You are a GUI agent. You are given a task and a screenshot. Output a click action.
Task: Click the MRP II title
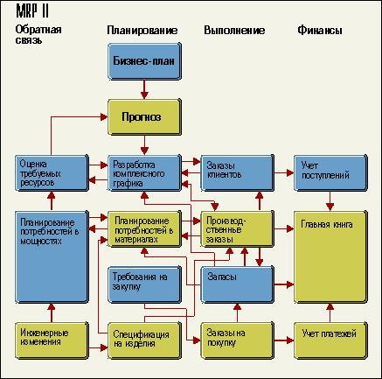coord(32,11)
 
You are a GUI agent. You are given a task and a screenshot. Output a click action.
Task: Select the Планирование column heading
coord(142,31)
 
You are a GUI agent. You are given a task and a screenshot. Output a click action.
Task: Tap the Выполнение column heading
coord(234,31)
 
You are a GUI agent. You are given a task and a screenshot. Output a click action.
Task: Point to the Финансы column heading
coord(320,31)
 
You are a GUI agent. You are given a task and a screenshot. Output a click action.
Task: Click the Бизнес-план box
coord(144,61)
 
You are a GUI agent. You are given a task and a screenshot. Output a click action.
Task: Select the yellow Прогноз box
coord(144,117)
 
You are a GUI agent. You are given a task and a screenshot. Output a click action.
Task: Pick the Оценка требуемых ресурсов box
coord(52,173)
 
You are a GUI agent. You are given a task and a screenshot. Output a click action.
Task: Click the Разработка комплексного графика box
coord(144,173)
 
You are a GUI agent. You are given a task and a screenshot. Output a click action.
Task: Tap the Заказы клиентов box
coord(238,173)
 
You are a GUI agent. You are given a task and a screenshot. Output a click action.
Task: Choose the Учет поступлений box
coord(330,173)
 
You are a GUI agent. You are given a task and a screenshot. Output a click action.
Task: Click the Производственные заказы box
coord(238,229)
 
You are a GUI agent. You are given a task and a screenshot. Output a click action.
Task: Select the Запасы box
coord(238,284)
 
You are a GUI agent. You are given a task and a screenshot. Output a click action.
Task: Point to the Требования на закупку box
coord(144,284)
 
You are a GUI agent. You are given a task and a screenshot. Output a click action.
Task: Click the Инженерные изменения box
coord(52,340)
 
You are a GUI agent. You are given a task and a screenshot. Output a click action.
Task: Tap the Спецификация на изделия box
coord(144,340)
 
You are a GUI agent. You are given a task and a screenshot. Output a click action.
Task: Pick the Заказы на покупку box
coord(238,340)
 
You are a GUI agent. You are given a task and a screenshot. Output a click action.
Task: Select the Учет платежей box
coord(330,340)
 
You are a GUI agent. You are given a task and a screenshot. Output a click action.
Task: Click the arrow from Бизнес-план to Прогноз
coord(144,89)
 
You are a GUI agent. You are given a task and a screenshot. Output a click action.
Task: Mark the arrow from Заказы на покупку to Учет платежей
coord(284,340)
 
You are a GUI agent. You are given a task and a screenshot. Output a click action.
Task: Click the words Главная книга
coord(327,224)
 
